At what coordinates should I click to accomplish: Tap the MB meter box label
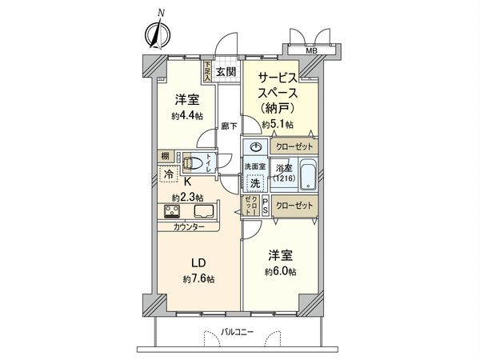311,50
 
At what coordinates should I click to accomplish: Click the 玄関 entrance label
226,72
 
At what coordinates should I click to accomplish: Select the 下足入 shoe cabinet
206,73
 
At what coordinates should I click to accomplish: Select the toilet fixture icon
193,162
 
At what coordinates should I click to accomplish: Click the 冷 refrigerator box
169,173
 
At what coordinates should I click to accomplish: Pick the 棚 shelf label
164,157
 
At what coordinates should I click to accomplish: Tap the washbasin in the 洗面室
256,147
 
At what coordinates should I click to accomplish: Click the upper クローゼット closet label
295,147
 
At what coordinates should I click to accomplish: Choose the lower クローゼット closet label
295,206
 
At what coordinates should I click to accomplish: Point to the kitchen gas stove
173,212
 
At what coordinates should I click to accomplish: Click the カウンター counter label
188,227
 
